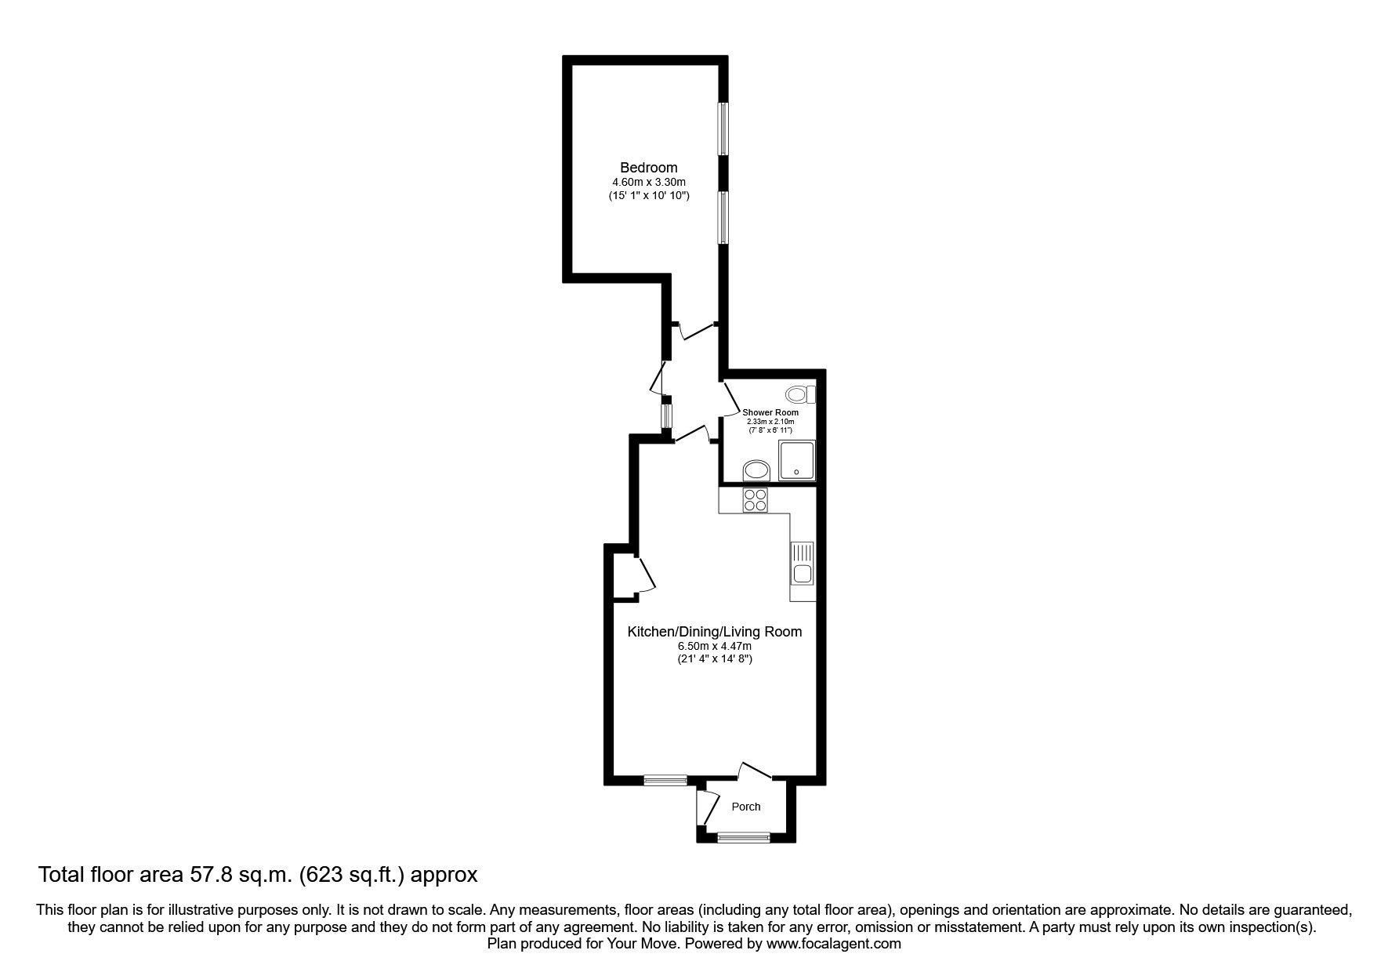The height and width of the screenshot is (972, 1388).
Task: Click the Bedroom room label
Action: coord(648,167)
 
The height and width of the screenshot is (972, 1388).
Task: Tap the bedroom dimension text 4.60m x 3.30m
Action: coord(648,182)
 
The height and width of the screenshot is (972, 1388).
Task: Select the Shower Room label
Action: coord(770,412)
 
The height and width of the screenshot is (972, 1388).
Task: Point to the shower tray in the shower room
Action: coord(797,460)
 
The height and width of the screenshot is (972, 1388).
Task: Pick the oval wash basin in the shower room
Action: coord(756,470)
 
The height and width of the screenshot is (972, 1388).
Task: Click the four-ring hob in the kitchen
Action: coord(755,500)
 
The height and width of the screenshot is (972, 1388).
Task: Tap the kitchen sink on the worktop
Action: coord(803,564)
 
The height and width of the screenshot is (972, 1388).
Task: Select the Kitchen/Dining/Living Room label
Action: coord(714,632)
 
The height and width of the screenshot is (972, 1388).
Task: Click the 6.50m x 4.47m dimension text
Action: coord(714,647)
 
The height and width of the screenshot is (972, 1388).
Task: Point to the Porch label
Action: coord(745,807)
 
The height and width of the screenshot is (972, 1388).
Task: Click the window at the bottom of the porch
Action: coord(744,837)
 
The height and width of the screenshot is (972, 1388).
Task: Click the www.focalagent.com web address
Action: coord(834,944)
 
